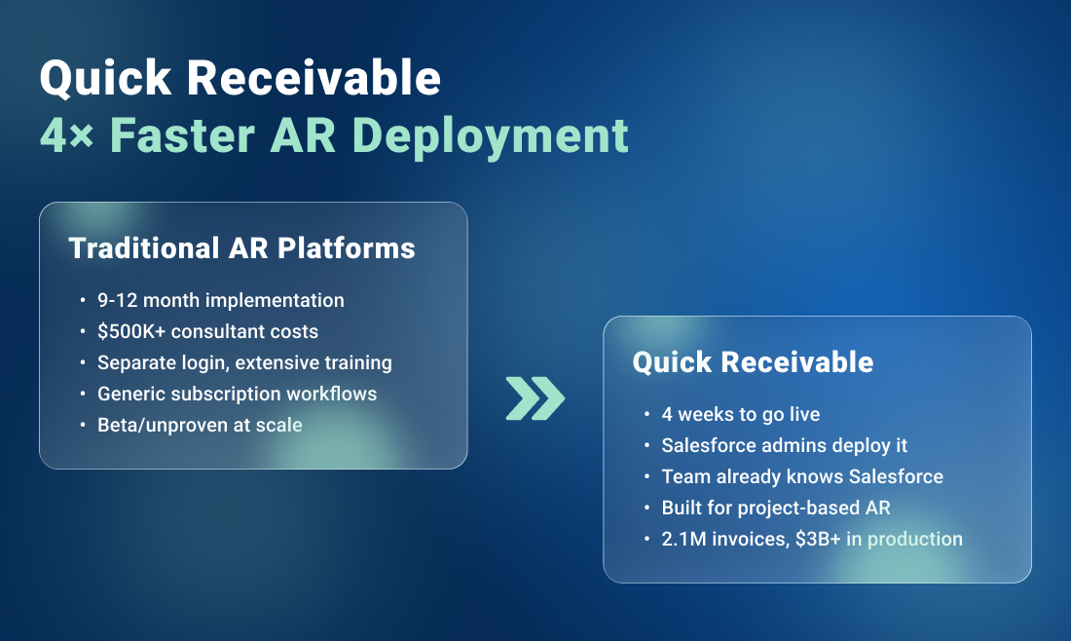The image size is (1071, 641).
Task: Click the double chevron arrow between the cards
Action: (x=535, y=397)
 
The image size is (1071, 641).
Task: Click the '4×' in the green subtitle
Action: (x=66, y=134)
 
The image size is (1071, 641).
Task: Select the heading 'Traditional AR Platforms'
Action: (x=241, y=248)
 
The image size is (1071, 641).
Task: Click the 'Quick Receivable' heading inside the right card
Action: (x=753, y=362)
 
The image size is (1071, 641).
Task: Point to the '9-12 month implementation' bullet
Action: (x=220, y=301)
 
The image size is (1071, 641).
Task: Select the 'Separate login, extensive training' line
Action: (x=244, y=363)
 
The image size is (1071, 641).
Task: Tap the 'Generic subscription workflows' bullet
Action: (x=237, y=395)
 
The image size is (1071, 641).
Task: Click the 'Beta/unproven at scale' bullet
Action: (x=200, y=425)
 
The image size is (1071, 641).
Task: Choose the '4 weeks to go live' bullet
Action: (x=740, y=415)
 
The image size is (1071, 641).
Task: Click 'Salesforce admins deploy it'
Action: (x=784, y=446)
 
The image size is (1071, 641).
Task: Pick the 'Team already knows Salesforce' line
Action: (x=802, y=477)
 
